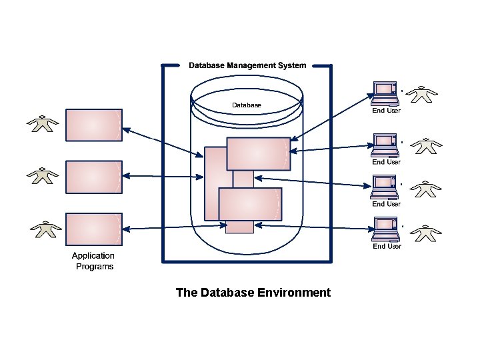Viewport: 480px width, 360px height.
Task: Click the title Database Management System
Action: (247, 65)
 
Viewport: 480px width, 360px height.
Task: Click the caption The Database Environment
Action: (253, 293)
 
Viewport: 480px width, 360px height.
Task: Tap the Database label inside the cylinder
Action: (247, 105)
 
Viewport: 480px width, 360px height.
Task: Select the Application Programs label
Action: (93, 261)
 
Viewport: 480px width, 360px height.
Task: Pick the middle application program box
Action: (94, 176)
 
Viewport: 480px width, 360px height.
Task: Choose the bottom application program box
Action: (94, 229)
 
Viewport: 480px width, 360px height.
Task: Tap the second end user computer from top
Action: (385, 145)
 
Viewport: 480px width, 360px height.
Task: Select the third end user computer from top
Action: (385, 187)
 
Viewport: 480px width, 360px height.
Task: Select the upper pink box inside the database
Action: (259, 153)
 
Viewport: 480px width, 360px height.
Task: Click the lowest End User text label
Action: (387, 247)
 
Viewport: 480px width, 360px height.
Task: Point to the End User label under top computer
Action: (386, 111)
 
